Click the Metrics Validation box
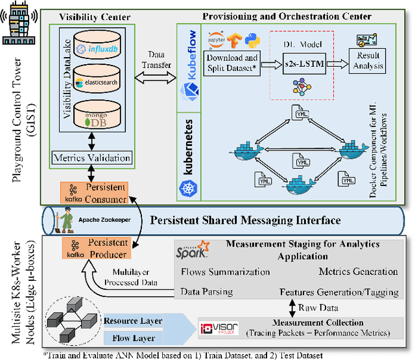click(x=92, y=158)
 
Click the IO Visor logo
click(x=218, y=328)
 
